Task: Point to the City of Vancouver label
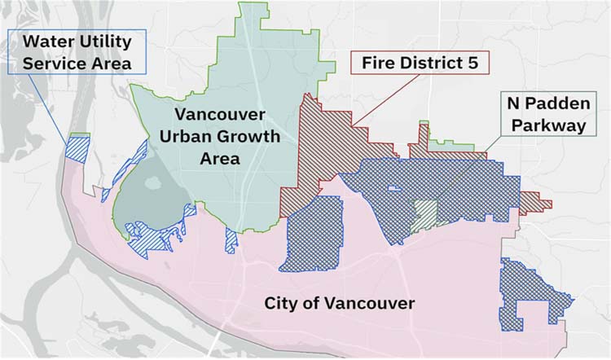click(340, 304)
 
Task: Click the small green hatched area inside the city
click(424, 214)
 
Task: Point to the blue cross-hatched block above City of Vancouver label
click(314, 232)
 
